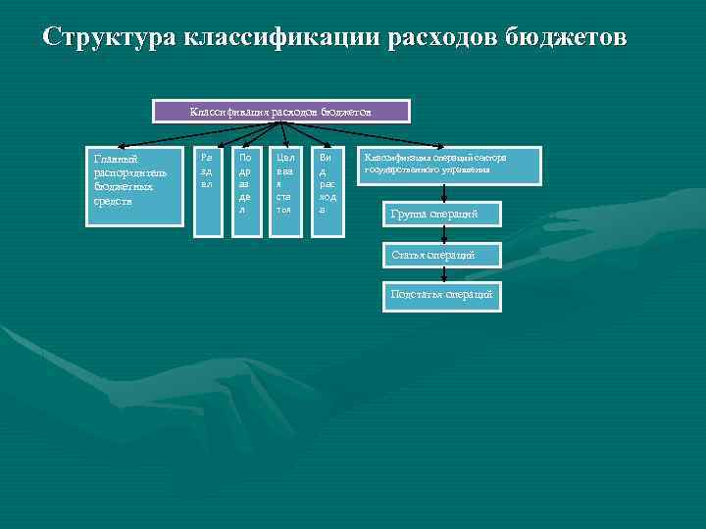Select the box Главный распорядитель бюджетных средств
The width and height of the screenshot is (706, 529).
click(134, 186)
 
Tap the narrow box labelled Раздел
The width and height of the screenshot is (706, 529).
click(207, 192)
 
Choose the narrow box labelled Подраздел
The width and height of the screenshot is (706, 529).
click(245, 192)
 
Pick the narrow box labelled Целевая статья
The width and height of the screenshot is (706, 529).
click(284, 192)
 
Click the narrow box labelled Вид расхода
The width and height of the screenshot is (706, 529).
click(327, 192)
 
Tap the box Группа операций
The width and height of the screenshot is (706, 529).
click(441, 215)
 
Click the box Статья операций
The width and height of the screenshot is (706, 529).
click(441, 255)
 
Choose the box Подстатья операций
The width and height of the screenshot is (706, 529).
click(441, 296)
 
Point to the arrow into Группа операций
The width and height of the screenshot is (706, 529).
click(444, 194)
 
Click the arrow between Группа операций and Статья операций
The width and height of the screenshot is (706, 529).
click(444, 235)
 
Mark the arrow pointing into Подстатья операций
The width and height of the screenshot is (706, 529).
click(444, 275)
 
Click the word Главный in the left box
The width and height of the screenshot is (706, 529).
click(115, 159)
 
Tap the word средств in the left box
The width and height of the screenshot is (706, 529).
click(113, 202)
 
